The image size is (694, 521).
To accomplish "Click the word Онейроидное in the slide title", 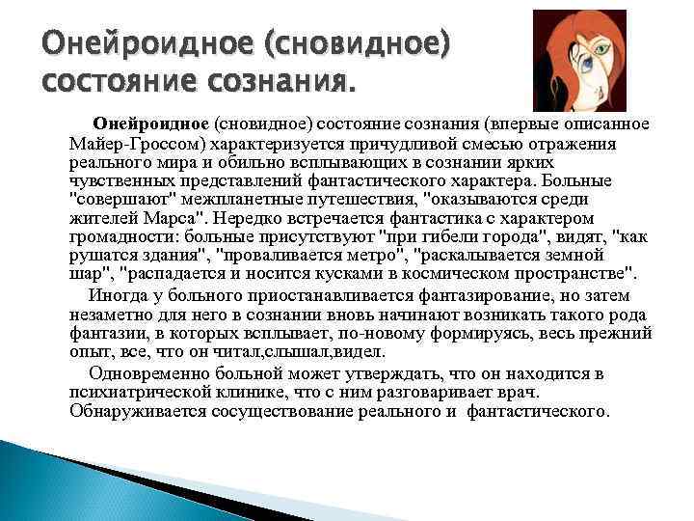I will [x=141, y=45].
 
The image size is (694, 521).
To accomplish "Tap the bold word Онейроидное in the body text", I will [x=150, y=123].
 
